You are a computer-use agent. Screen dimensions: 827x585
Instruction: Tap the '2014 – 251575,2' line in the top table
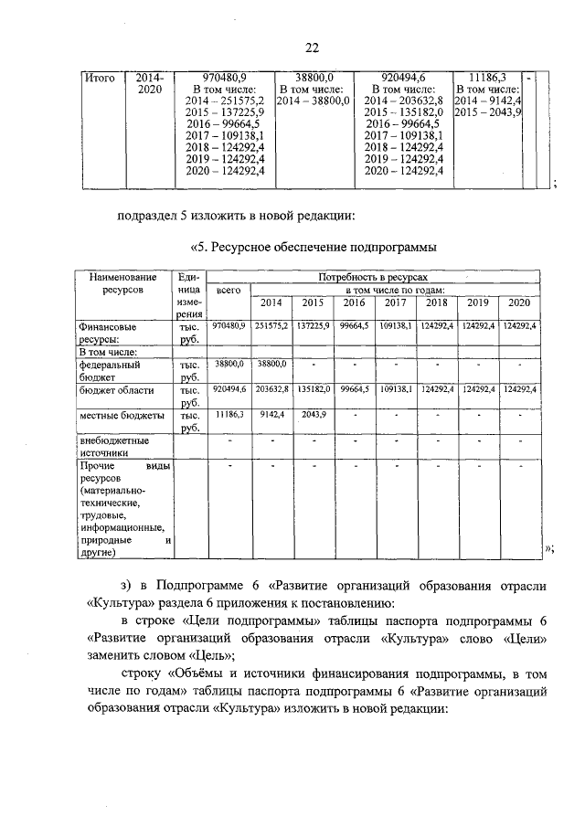[225, 101]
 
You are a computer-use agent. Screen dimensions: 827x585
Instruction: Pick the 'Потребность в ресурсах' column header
[372, 276]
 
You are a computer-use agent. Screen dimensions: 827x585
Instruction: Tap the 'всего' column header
[228, 290]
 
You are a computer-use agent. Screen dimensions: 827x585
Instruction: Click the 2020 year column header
[519, 302]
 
